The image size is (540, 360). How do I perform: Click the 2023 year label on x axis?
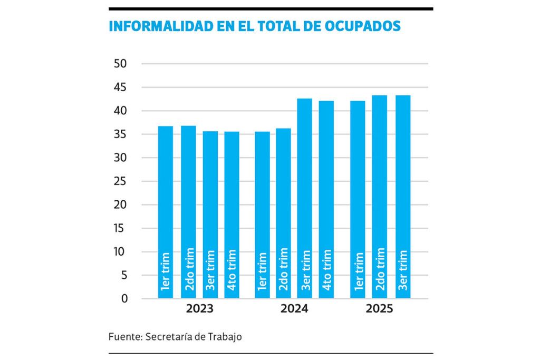click(x=199, y=309)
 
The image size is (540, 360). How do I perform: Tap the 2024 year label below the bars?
click(x=294, y=309)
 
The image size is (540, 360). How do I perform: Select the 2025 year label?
click(x=379, y=309)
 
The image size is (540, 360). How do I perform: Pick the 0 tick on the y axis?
click(x=124, y=299)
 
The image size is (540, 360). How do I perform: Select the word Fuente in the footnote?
click(x=123, y=336)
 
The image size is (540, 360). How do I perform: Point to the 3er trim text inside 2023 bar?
click(x=210, y=270)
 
